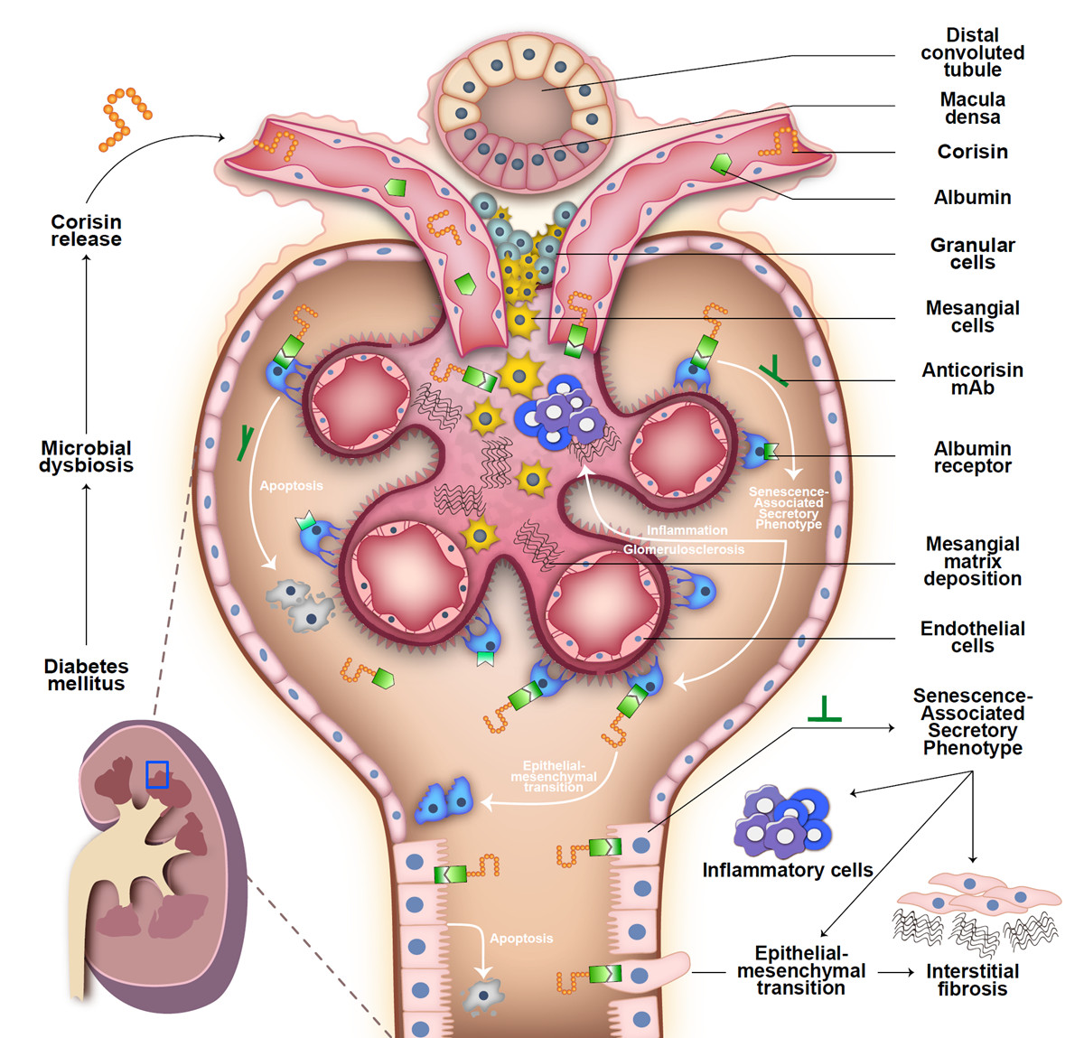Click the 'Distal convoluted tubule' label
[x=972, y=52]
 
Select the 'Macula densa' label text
[x=972, y=108]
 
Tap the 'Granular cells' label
[x=972, y=254]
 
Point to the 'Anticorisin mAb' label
[x=972, y=379]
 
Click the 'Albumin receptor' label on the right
[x=972, y=457]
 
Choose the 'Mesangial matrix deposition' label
[x=972, y=561]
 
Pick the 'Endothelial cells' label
[x=972, y=637]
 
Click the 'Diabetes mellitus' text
[x=86, y=675]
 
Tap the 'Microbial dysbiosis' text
[x=86, y=456]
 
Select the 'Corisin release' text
[x=86, y=230]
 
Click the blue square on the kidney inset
[x=157, y=774]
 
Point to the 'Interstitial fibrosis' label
[x=972, y=980]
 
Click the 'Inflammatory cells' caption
[x=788, y=870]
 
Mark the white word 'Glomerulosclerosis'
[x=684, y=549]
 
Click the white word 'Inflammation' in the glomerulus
[x=687, y=530]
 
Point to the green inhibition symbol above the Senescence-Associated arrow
[x=824, y=711]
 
